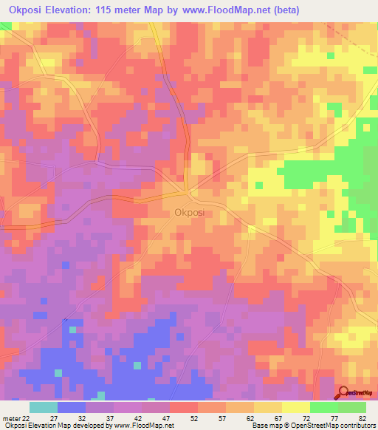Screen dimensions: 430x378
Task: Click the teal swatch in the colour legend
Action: click(x=44, y=407)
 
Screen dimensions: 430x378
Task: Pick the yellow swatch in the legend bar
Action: click(x=296, y=407)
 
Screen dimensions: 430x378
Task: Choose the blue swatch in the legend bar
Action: click(x=72, y=407)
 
